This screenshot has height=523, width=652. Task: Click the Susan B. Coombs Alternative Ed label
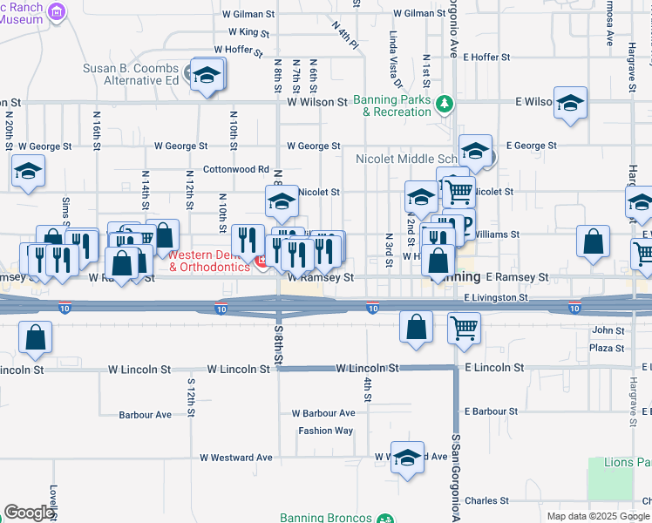tap(132, 75)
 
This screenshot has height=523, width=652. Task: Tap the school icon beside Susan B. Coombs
tap(207, 75)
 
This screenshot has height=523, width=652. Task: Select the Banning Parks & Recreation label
tap(392, 106)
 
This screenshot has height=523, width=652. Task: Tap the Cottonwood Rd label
tap(235, 169)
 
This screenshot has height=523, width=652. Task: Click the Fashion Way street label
tap(325, 431)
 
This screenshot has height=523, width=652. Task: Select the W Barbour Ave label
tap(323, 413)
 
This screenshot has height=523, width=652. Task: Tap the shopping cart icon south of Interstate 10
tap(464, 328)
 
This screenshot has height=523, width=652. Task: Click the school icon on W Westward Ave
tap(407, 457)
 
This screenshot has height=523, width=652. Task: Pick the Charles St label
tap(486, 501)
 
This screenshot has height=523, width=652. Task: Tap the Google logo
tap(29, 513)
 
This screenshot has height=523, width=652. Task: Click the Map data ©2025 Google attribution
tap(597, 516)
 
